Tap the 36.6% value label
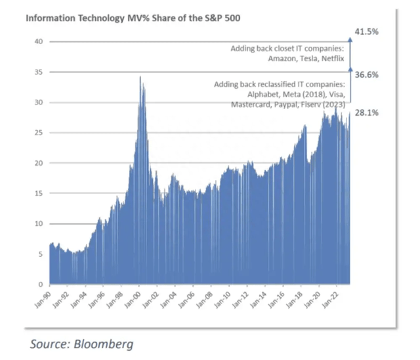point(366,76)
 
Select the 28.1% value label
point(366,113)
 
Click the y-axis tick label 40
point(39,41)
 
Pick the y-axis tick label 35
point(39,72)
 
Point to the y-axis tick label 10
point(39,224)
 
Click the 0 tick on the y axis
point(41,284)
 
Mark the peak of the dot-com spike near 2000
point(140,78)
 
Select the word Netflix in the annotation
point(333,59)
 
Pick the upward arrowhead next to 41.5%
point(350,39)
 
